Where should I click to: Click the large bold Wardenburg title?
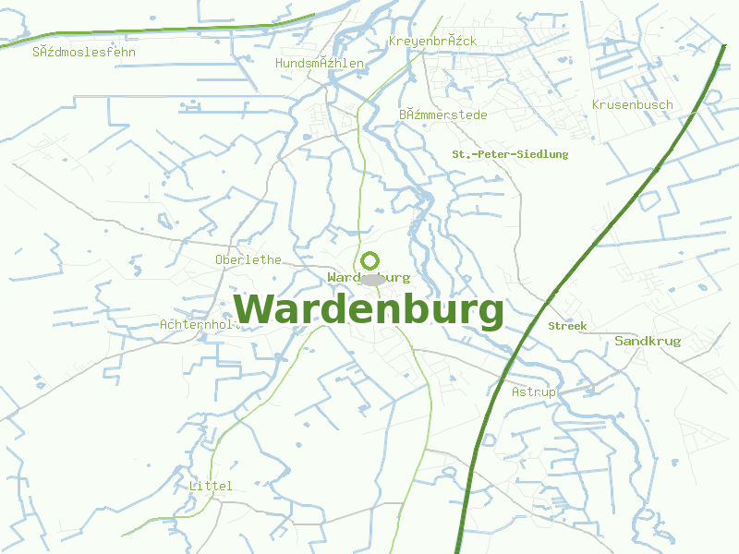coord(369,311)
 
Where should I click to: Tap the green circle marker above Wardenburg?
coord(370,261)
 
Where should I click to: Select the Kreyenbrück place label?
coord(432,42)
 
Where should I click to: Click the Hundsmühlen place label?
coord(320,63)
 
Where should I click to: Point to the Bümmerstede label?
coord(442,114)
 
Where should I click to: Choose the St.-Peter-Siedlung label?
coord(510,154)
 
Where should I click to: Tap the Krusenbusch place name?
coord(632,105)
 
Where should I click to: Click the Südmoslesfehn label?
coord(84,52)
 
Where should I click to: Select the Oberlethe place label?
coord(248,259)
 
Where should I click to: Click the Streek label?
coord(567,326)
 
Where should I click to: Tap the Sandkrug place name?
coord(648,342)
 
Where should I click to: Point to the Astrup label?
coord(534,392)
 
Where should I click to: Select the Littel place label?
coord(210,486)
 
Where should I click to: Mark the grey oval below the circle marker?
coord(371,279)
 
